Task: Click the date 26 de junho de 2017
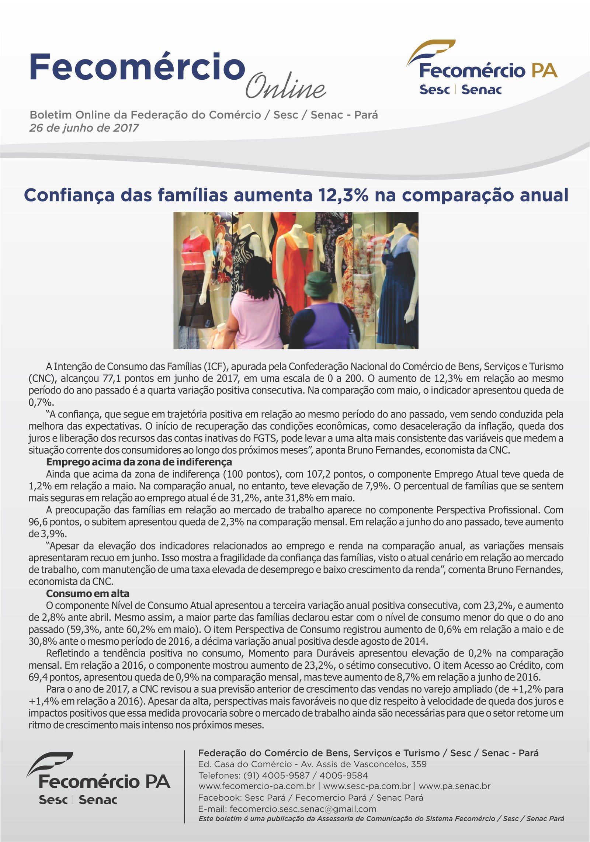tap(84, 128)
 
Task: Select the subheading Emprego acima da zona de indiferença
tap(139, 462)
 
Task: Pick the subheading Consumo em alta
tap(87, 593)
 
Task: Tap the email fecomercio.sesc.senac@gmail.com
tap(303, 809)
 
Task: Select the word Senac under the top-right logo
tap(481, 90)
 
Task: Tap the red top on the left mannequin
tap(195, 251)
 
